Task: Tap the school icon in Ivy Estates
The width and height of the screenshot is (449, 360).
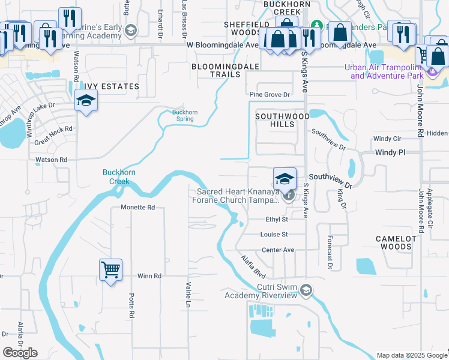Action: click(86, 100)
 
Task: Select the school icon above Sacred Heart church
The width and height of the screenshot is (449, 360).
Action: click(285, 178)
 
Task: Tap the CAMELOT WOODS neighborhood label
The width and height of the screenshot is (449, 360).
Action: click(396, 242)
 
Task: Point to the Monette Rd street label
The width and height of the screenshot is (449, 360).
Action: click(138, 207)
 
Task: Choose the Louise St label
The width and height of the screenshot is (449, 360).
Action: click(274, 235)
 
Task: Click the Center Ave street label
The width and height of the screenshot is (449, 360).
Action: click(278, 250)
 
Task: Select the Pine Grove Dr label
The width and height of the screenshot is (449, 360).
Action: click(270, 95)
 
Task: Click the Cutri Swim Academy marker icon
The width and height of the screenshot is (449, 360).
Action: click(306, 291)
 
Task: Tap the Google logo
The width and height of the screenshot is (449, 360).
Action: click(20, 353)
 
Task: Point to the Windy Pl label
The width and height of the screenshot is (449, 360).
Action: click(391, 153)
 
